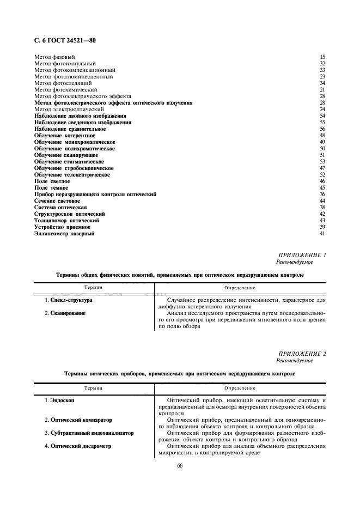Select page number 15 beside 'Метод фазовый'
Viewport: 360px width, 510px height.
coord(322,57)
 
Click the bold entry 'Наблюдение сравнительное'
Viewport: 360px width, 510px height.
coord(70,129)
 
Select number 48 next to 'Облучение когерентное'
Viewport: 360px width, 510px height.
coord(322,136)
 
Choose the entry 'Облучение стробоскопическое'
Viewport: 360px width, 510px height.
coord(74,168)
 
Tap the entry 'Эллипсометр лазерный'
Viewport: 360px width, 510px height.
coord(64,234)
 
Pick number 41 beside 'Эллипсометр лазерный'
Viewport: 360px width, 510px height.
coord(322,234)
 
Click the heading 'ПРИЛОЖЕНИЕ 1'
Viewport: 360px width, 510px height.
coord(302,255)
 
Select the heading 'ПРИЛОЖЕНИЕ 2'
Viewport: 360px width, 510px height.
coord(302,354)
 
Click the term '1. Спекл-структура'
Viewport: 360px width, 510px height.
coord(69,300)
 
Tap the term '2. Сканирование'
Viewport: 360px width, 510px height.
coord(65,313)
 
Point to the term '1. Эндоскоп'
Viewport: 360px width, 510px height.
coord(59,400)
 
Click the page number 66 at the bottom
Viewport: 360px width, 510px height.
coord(180,465)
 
